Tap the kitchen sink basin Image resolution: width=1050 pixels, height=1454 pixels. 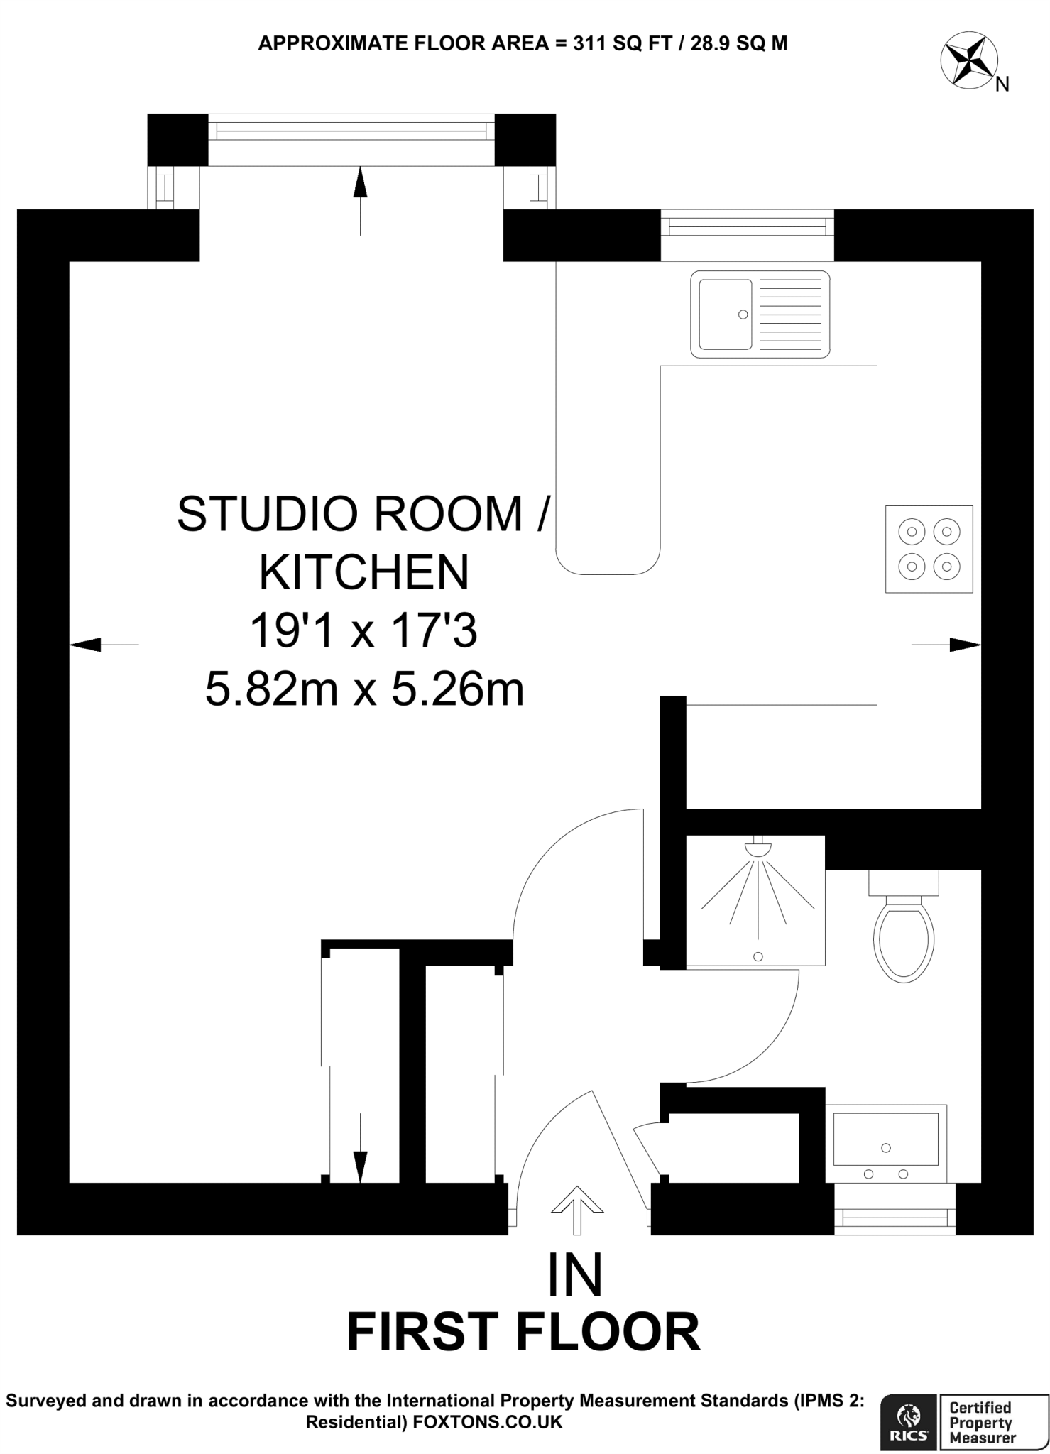[x=725, y=315]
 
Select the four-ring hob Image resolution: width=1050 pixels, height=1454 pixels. [x=929, y=549]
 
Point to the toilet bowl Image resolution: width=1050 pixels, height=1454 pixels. [x=903, y=938]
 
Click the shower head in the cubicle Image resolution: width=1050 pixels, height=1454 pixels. [x=758, y=848]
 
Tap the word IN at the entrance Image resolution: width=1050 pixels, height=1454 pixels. [x=575, y=1275]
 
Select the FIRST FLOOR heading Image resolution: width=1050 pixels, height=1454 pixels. [x=523, y=1333]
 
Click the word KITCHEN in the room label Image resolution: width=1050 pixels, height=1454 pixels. [x=364, y=572]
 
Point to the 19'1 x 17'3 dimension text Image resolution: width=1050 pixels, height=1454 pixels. [x=363, y=630]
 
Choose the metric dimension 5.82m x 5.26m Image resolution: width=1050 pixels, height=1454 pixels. [x=364, y=689]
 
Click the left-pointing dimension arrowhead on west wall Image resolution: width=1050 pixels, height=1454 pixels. [x=85, y=645]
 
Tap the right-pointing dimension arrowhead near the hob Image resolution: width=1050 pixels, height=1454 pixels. [x=965, y=645]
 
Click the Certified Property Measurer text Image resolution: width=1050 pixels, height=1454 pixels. [x=983, y=1422]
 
